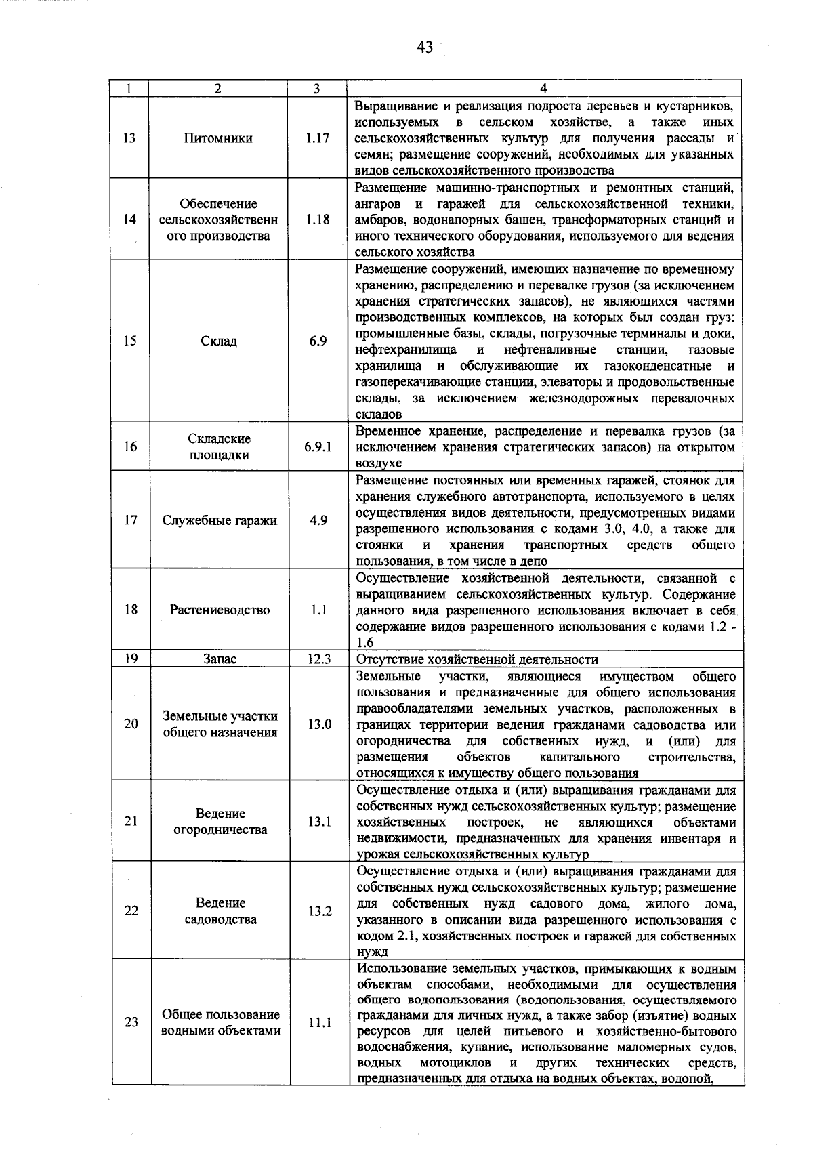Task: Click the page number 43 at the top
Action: point(425,47)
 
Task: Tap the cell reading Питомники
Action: point(217,138)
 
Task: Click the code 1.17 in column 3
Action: point(317,138)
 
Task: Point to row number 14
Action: point(129,220)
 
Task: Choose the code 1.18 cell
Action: point(317,220)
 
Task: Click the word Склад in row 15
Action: point(219,341)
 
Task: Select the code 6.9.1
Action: point(318,446)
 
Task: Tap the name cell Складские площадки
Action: point(219,446)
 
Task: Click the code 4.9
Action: point(318,520)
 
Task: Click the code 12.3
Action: point(318,659)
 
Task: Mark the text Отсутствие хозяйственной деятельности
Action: point(477,659)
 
